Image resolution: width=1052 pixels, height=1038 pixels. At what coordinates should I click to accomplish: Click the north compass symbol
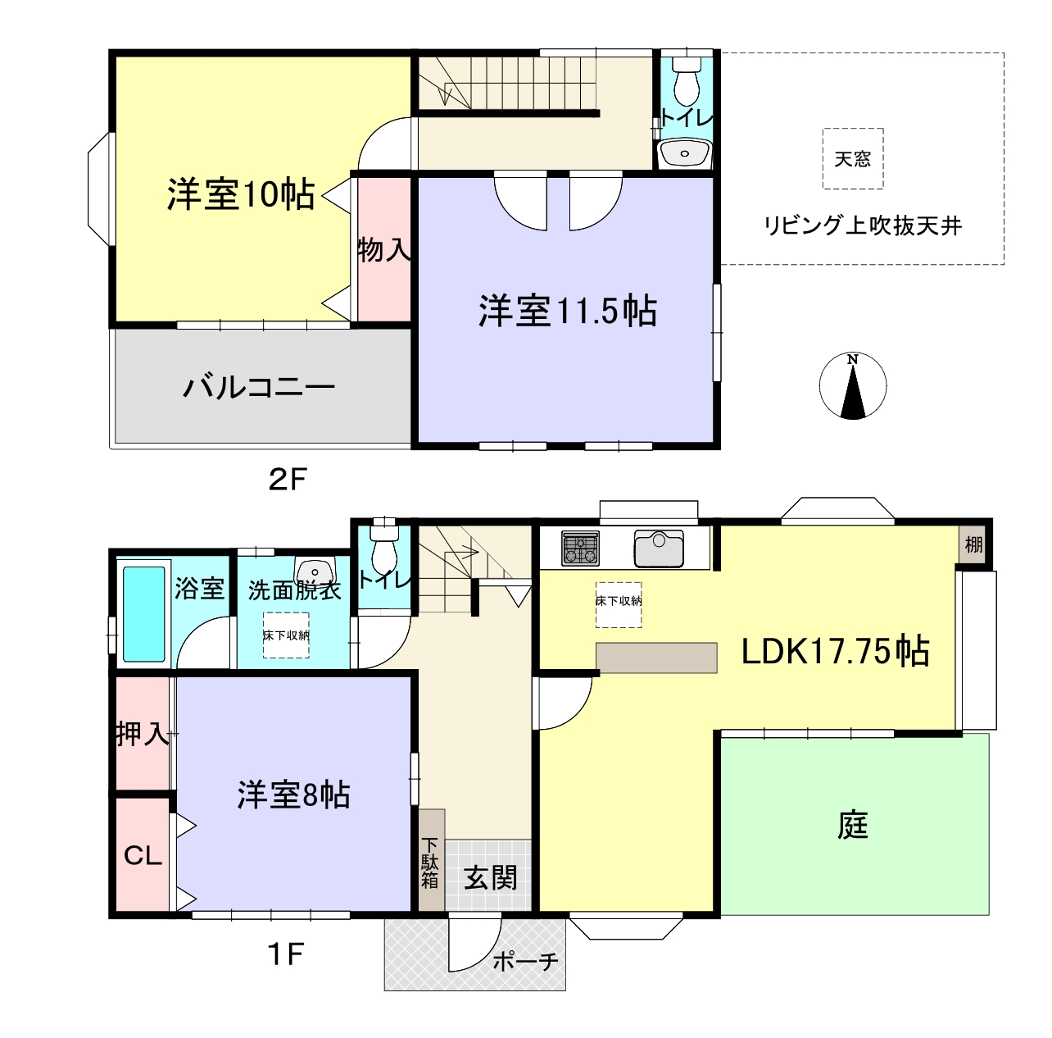(853, 386)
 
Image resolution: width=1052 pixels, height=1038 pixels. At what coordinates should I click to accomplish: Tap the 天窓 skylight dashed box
(853, 158)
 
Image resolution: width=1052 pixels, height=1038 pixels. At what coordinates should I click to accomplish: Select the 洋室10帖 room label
(241, 194)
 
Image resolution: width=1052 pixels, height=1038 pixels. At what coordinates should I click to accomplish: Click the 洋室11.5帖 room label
(568, 311)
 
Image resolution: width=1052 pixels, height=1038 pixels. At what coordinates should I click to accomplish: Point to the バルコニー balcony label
(259, 387)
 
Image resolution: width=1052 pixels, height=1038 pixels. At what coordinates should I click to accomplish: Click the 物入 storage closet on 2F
(384, 249)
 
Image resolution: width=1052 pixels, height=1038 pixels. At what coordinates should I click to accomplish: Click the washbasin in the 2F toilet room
(685, 153)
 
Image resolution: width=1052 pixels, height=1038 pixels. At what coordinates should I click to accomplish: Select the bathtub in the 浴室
(143, 614)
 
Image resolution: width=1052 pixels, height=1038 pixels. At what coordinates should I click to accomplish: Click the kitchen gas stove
(580, 548)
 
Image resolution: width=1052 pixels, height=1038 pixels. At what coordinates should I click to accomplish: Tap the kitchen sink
(659, 549)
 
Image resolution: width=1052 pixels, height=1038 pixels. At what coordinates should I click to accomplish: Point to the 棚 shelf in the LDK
(973, 544)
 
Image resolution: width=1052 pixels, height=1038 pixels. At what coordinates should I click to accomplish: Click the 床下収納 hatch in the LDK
(619, 605)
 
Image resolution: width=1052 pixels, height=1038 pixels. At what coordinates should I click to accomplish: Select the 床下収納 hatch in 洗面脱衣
(286, 635)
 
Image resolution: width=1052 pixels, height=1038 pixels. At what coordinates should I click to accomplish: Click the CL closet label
(143, 855)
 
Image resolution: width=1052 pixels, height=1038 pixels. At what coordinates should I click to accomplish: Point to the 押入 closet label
(143, 734)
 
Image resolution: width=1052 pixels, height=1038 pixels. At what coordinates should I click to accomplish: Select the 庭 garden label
(853, 825)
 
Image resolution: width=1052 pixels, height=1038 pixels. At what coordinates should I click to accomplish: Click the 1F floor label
(285, 954)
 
